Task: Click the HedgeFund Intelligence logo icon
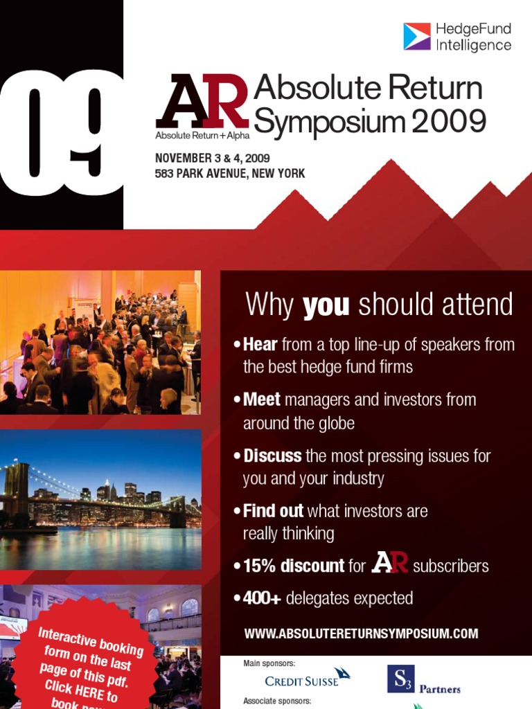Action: [x=417, y=37]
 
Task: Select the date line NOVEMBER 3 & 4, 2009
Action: [x=212, y=158]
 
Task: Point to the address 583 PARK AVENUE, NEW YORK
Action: [x=229, y=173]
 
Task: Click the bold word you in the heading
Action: [x=326, y=305]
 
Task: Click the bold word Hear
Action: [x=260, y=345]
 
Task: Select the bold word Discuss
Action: [x=272, y=456]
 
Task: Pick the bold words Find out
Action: [x=273, y=511]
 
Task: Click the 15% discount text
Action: [x=294, y=566]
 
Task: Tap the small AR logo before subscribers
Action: [x=389, y=563]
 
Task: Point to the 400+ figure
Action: [x=262, y=598]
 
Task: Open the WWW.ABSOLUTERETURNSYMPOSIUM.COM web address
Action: [x=361, y=634]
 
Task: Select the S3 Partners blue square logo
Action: [x=400, y=679]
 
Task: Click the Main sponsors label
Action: [x=269, y=663]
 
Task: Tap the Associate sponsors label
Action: [x=277, y=701]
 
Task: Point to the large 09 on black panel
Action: [x=61, y=132]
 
